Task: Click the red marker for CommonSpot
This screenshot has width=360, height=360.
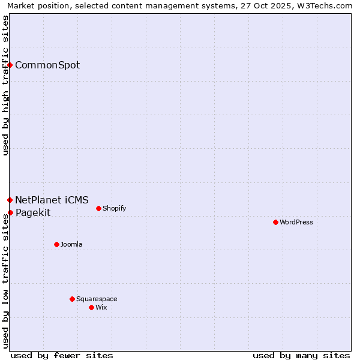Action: [x=10, y=65]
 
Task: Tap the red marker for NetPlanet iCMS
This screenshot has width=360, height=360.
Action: [x=10, y=200]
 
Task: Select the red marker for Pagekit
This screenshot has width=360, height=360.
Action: [x=10, y=212]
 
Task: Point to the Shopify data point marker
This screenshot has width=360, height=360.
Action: [x=98, y=208]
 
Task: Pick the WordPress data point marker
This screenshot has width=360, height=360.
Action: [x=275, y=222]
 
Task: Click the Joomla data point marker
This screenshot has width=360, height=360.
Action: [x=56, y=244]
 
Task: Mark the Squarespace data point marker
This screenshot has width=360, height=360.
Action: [x=72, y=299]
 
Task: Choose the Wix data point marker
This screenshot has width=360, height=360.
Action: [x=91, y=307]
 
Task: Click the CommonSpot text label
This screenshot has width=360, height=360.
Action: [x=47, y=65]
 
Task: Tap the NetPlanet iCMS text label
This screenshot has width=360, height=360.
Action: [x=52, y=200]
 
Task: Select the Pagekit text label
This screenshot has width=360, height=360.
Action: [x=33, y=213]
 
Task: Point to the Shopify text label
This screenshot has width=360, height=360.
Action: [x=114, y=209]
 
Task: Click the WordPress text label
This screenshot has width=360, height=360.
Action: [x=296, y=223]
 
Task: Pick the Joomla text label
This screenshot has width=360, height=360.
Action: [x=71, y=245]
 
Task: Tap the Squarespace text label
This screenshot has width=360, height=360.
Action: [x=97, y=299]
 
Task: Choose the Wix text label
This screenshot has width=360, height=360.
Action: [x=101, y=308]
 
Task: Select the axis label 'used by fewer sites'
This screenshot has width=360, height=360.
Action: [x=62, y=355]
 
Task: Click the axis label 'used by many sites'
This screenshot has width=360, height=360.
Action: [x=301, y=355]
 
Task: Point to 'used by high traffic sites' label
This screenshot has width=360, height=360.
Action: [x=6, y=85]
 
